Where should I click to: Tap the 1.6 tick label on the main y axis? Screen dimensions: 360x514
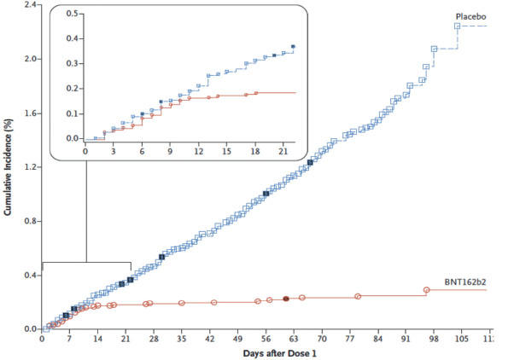click(26, 113)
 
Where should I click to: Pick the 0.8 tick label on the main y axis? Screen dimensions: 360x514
click(26, 221)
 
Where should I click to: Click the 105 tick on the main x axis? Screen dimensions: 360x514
click(462, 339)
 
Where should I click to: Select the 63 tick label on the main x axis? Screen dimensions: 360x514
click(295, 339)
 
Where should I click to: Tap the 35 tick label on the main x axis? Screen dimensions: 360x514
click(182, 339)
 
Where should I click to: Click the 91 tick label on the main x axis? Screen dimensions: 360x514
click(406, 339)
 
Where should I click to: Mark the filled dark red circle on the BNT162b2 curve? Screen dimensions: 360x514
click(286, 299)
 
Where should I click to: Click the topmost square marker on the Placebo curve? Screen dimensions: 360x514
click(458, 26)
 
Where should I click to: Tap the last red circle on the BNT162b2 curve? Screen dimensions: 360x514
click(426, 290)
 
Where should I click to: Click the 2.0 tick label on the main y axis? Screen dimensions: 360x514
click(26, 59)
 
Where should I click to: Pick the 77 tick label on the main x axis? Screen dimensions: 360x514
click(350, 339)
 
